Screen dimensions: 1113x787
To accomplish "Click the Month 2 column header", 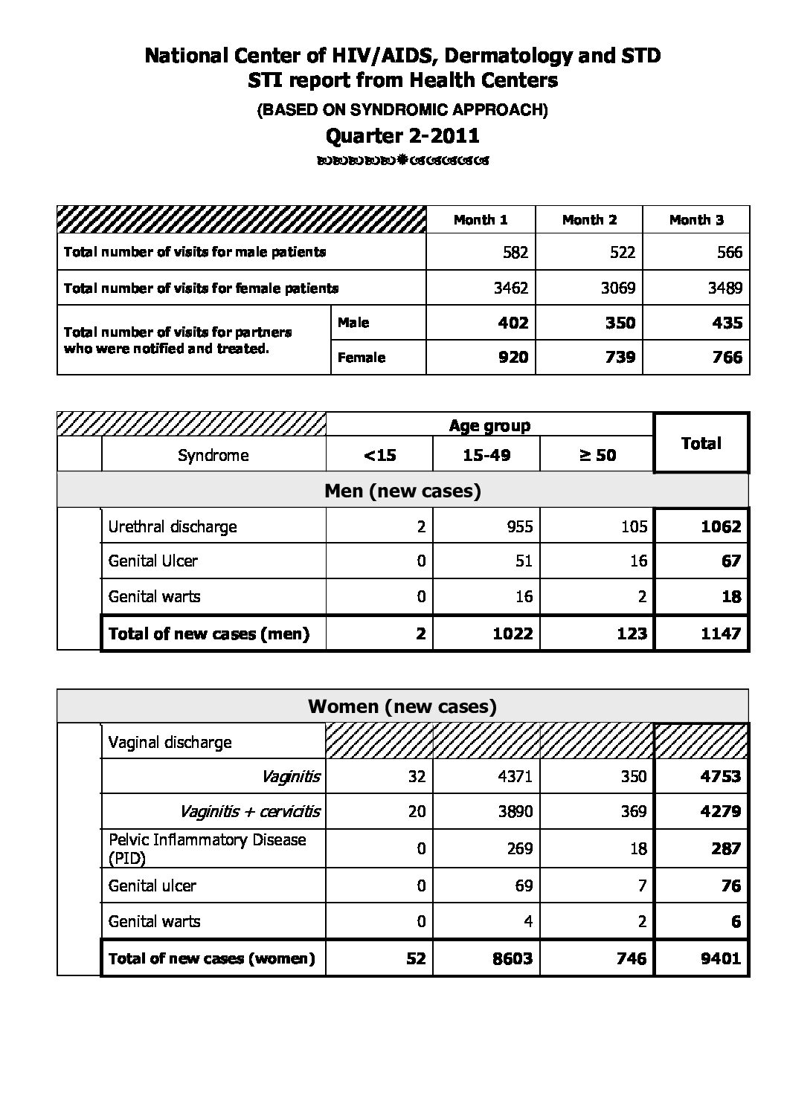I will coord(589,220).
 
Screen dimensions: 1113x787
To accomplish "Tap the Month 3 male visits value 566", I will coord(729,252).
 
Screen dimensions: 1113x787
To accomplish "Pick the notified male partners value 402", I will coord(513,323).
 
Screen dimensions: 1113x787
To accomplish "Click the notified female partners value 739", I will coord(620,358).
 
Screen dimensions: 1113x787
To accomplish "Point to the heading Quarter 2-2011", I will coord(402,135).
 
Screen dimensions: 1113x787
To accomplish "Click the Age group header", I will coord(489,426).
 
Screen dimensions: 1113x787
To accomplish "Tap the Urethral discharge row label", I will coord(173,526).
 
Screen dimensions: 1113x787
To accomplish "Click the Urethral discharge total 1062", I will coord(721,526).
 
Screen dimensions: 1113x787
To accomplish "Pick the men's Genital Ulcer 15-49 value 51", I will coord(524,561).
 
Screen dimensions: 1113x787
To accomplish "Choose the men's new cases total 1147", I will coord(721,633).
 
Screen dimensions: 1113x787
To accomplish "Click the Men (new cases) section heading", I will coord(402,491).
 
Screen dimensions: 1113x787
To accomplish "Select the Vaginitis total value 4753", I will coord(721,776).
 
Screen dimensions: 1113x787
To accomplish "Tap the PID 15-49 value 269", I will coord(518,848).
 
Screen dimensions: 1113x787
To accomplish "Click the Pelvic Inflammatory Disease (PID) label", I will coord(207,848).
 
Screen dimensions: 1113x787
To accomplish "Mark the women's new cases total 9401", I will coord(721,958).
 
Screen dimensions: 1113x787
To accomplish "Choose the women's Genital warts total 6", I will coord(736,922).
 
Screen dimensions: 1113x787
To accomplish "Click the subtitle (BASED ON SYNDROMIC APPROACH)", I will coord(402,110).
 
